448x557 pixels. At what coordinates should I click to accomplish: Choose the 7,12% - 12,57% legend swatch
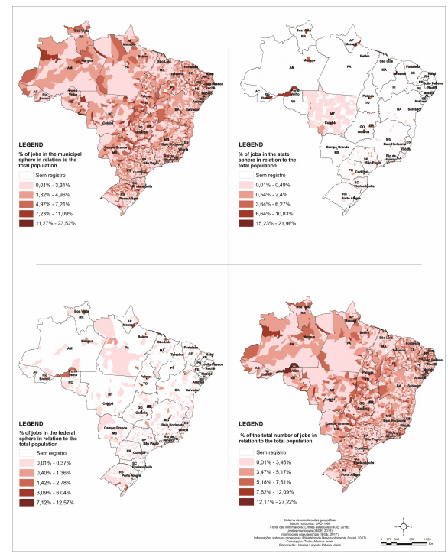[x=28, y=504]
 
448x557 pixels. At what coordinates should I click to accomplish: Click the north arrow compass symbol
[x=403, y=526]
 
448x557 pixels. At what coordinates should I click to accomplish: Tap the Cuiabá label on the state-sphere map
[x=330, y=123]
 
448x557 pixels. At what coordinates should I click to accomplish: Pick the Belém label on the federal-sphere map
[x=143, y=336]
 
